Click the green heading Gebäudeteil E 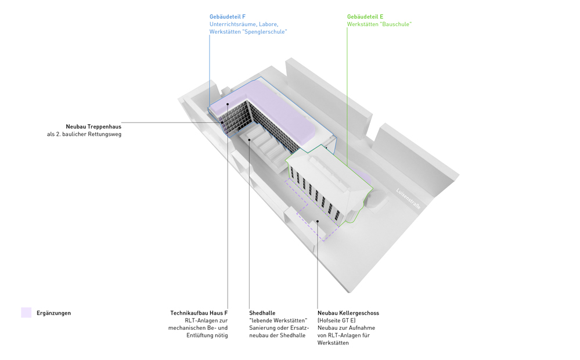point(365,16)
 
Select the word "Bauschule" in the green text point(395,24)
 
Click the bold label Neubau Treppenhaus point(93,127)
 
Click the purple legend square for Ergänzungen point(26,312)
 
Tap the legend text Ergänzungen point(53,313)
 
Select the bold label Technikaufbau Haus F point(199,313)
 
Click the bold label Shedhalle point(262,313)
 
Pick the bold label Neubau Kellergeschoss point(348,313)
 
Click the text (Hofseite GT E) point(337,321)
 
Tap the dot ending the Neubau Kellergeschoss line point(318,221)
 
